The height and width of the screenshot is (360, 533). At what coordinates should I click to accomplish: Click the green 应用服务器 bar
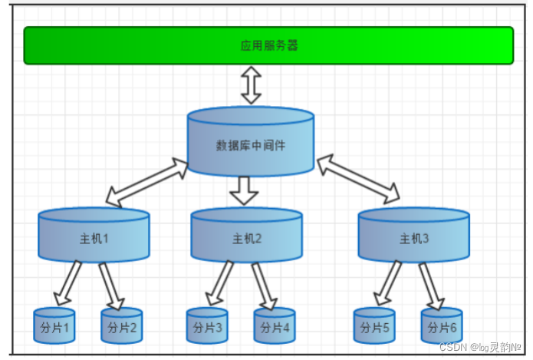(268, 45)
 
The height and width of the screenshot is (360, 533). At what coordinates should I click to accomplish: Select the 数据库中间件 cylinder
(251, 143)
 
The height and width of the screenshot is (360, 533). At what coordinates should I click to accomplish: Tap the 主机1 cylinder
(94, 236)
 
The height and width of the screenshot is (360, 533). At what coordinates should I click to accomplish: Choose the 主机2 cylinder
(247, 236)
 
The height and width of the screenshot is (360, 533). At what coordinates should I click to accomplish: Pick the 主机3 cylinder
(413, 236)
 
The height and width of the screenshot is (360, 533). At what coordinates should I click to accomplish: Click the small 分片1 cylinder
(54, 326)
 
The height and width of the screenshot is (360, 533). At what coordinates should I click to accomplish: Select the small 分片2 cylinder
(122, 326)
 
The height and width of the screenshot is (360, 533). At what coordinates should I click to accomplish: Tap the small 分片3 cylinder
(207, 326)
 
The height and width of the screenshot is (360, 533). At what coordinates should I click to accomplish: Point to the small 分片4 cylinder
(275, 326)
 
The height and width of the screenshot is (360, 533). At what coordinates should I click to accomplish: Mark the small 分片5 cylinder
(374, 326)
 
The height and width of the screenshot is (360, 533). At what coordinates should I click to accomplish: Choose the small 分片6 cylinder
(442, 326)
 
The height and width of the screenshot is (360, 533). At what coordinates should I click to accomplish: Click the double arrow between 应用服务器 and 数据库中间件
(251, 84)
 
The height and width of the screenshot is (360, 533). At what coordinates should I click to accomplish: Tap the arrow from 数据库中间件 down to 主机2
(245, 190)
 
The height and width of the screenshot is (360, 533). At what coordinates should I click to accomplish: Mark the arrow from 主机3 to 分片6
(430, 285)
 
